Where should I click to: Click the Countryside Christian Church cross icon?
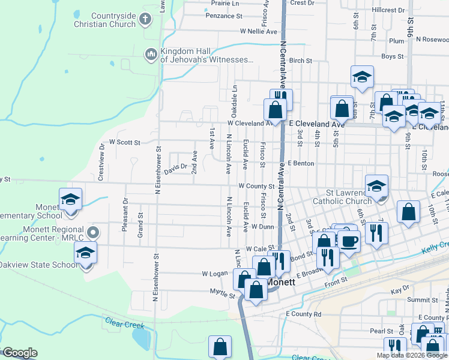(144, 19)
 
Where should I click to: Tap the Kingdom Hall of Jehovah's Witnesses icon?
(151, 55)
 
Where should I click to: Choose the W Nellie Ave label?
(259, 31)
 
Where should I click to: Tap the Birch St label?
(301, 61)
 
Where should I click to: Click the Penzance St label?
(222, 16)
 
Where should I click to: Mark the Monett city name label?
(281, 282)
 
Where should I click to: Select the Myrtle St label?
(222, 295)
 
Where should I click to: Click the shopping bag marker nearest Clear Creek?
(220, 347)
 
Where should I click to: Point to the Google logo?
(20, 353)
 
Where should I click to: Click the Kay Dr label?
(400, 290)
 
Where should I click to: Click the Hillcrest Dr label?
(388, 10)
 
